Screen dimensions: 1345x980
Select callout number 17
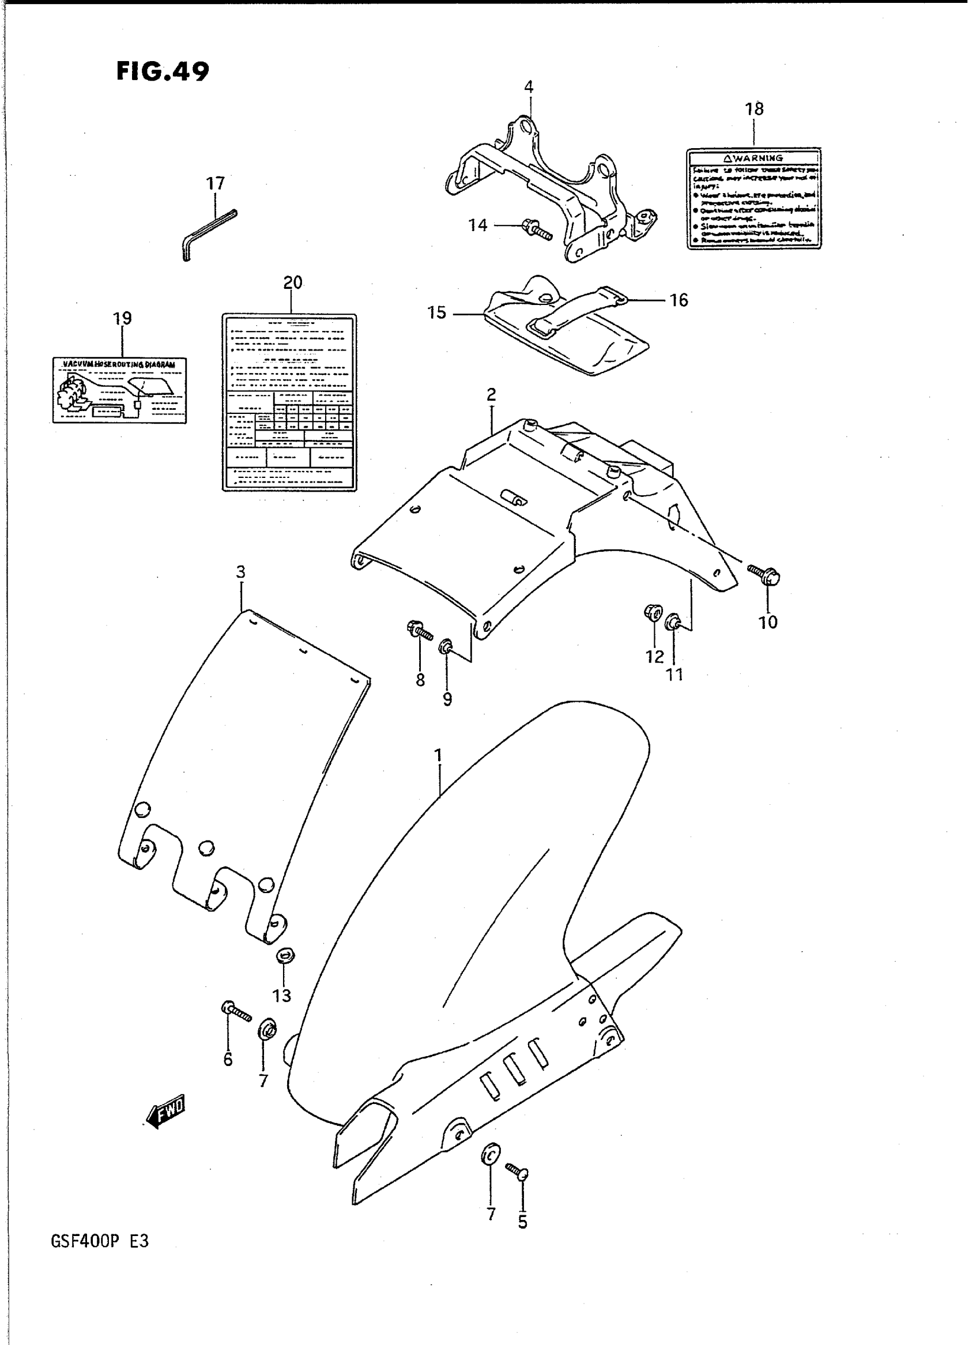click(x=216, y=184)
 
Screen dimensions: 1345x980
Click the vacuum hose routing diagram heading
click(x=119, y=364)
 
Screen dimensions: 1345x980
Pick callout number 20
click(x=292, y=283)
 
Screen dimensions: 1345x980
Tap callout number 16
click(x=679, y=301)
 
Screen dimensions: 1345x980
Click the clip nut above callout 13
click(x=286, y=955)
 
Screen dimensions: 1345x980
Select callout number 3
click(x=240, y=572)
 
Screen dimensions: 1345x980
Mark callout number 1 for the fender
click(x=438, y=756)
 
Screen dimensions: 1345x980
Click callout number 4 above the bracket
click(x=529, y=87)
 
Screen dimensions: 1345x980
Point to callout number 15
click(x=436, y=312)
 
